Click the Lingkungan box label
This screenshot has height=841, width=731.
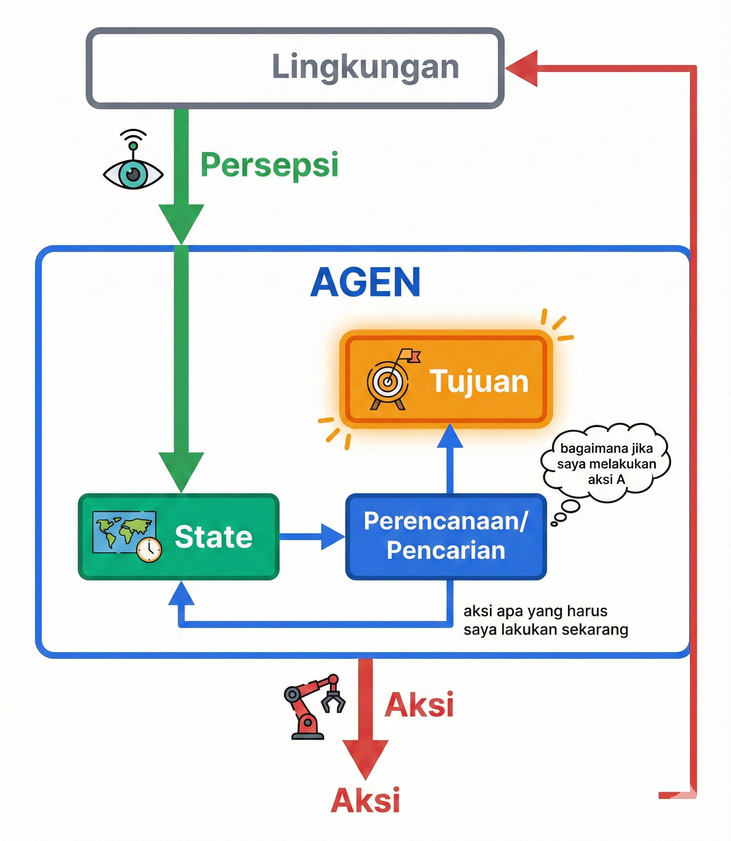[365, 67]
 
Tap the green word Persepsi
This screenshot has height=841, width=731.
[269, 165]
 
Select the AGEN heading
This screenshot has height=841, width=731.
[365, 282]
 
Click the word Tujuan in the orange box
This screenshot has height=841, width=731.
[479, 382]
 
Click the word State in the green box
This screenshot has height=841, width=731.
[213, 537]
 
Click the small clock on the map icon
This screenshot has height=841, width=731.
[149, 550]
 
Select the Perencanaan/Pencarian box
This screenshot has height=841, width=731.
[446, 536]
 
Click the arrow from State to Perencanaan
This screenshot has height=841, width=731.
[312, 537]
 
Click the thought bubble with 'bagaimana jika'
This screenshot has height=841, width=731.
[606, 464]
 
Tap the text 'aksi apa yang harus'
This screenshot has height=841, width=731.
[535, 611]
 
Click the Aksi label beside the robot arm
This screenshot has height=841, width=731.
[419, 705]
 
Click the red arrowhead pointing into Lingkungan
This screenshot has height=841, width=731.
[522, 69]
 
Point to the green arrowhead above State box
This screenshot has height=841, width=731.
[181, 470]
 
